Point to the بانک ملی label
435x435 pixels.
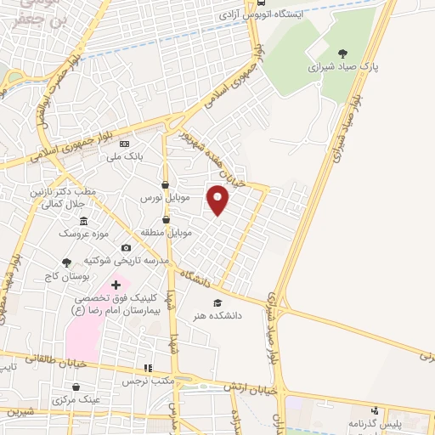point(137,156)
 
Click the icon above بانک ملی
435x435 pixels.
point(125,144)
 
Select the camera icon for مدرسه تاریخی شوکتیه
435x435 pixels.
point(126,248)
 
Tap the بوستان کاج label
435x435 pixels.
point(67,276)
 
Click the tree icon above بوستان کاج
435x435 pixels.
point(67,263)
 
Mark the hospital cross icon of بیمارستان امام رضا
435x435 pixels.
point(116,284)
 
